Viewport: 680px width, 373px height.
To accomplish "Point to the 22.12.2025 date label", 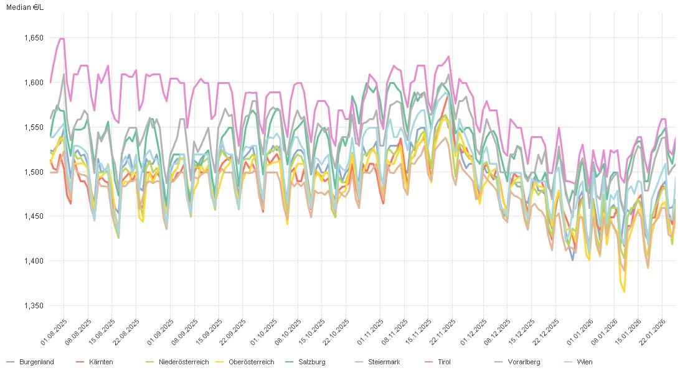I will [547, 333].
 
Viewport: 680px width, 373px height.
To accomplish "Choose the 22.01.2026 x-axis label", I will [654, 333].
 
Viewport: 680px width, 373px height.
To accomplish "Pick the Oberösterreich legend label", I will [251, 362].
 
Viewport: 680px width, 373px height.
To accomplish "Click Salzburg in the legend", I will [311, 362].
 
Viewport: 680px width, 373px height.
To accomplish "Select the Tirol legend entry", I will [443, 362].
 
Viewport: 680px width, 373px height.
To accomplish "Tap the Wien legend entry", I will [584, 362].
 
